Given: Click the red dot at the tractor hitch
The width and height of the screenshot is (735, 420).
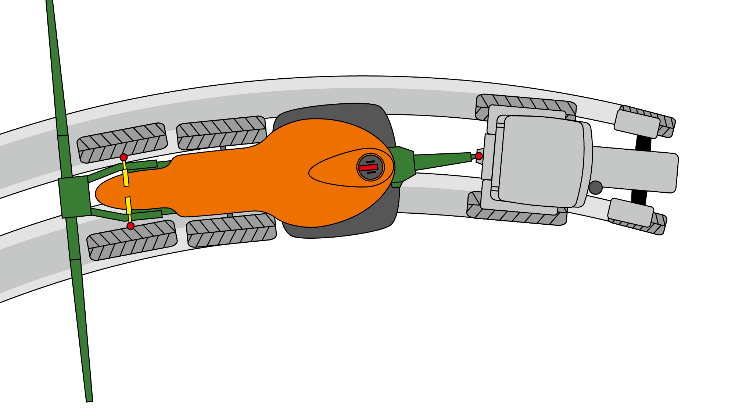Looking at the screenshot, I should coord(479,156).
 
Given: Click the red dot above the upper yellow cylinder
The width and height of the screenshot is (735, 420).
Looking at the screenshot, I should coord(124,157).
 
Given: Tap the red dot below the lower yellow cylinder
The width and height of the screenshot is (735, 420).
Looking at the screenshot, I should coord(130,226).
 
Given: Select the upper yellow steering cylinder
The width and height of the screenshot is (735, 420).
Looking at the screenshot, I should coord(126,178).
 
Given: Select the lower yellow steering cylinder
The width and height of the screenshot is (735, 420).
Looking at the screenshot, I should coord(128,206).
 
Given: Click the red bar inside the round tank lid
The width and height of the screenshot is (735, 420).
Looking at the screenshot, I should coord(368,168).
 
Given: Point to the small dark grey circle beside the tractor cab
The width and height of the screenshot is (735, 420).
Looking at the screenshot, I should coord(595,188).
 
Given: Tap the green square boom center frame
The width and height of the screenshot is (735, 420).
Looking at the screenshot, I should coord(75,197).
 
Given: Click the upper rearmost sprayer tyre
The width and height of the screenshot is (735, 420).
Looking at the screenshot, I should coord(122,143).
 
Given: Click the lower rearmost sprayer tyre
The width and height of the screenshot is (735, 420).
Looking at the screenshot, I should coord(132,240).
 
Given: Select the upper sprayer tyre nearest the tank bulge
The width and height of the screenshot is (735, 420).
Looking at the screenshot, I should coord(221,132).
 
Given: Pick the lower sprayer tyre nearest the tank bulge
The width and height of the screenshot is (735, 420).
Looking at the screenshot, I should coord(231,230).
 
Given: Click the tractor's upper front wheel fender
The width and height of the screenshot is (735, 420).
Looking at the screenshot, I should coord(637,124).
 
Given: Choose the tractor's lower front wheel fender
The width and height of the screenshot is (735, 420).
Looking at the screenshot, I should coord(630,213).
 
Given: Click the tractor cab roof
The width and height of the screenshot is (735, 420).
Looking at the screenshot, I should coord(542,161).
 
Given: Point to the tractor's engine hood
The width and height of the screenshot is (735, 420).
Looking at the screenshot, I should coord(634,170).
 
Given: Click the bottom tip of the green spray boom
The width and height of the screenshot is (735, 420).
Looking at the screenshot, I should coord(89,399).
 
